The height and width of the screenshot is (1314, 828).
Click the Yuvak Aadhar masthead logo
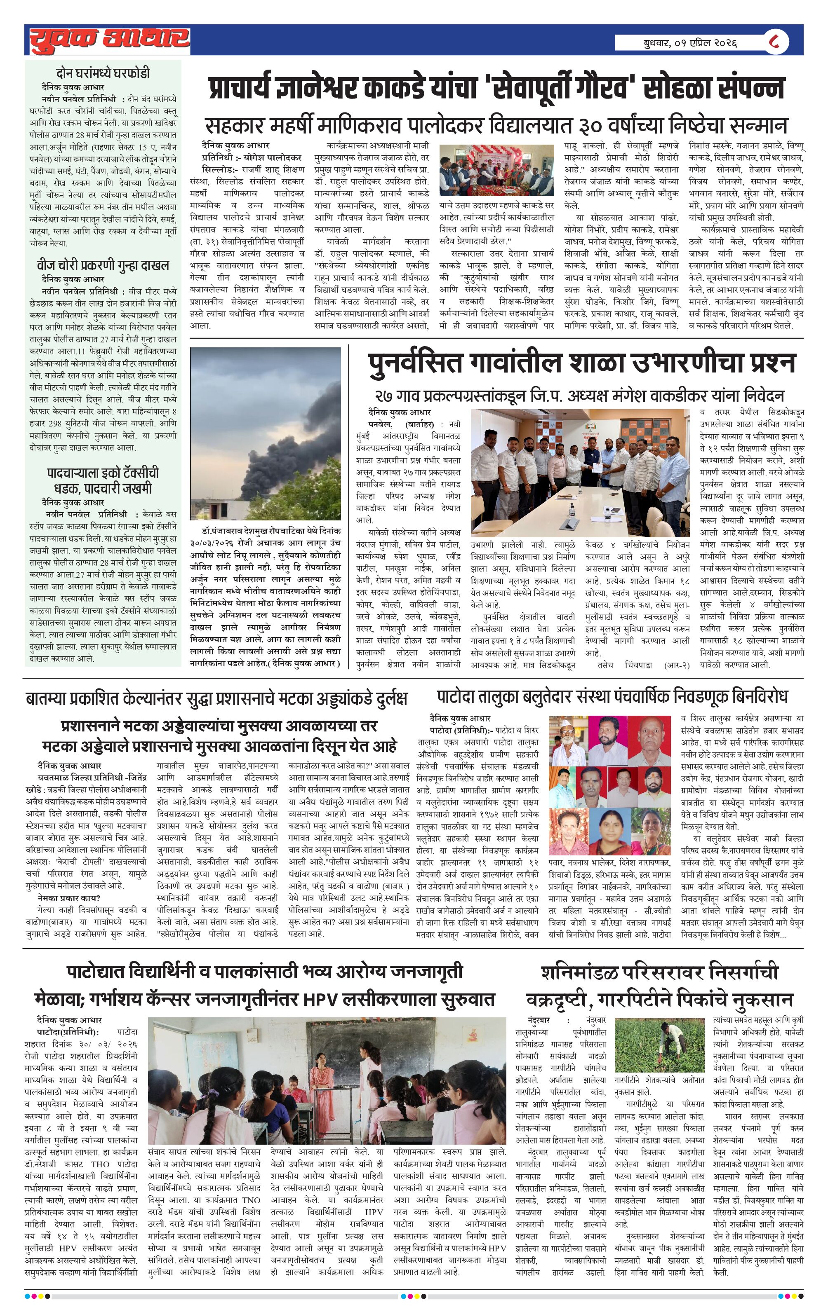(x=109, y=39)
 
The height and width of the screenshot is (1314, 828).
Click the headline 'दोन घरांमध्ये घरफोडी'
(x=103, y=73)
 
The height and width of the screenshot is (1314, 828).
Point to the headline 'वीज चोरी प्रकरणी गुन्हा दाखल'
(x=103, y=266)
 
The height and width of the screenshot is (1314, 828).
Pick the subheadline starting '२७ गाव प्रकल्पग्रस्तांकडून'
(x=579, y=395)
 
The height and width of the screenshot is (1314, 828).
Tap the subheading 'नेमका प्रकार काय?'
(x=69, y=898)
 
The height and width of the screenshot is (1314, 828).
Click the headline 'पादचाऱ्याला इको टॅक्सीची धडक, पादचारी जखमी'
(x=103, y=480)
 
